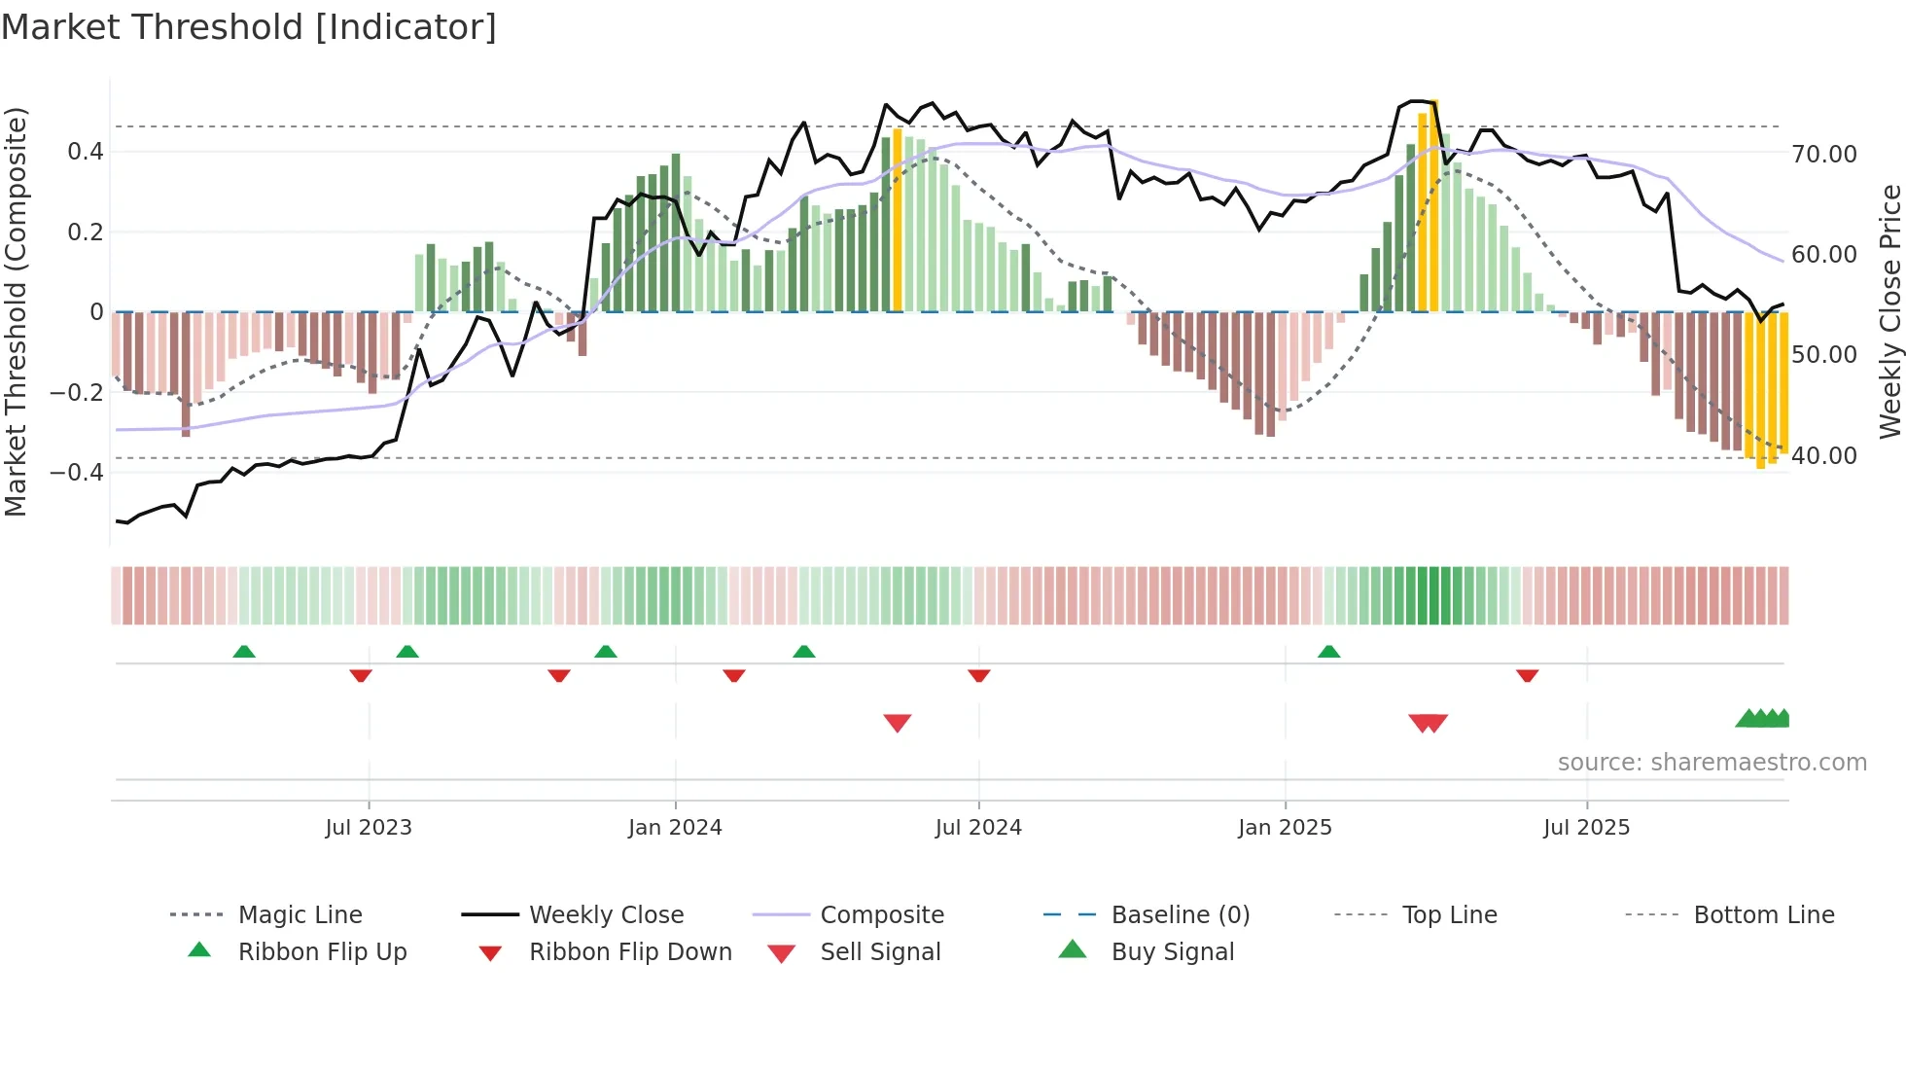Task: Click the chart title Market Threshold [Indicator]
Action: click(249, 27)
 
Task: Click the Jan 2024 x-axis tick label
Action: click(675, 828)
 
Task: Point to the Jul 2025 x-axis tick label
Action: click(1586, 828)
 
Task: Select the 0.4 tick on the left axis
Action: click(86, 152)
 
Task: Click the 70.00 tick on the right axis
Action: click(1824, 155)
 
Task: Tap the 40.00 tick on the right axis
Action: click(1824, 456)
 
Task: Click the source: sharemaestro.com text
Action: click(1712, 763)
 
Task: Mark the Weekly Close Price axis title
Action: click(1889, 311)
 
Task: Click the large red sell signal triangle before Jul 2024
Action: click(897, 723)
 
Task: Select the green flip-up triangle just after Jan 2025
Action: click(1328, 652)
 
